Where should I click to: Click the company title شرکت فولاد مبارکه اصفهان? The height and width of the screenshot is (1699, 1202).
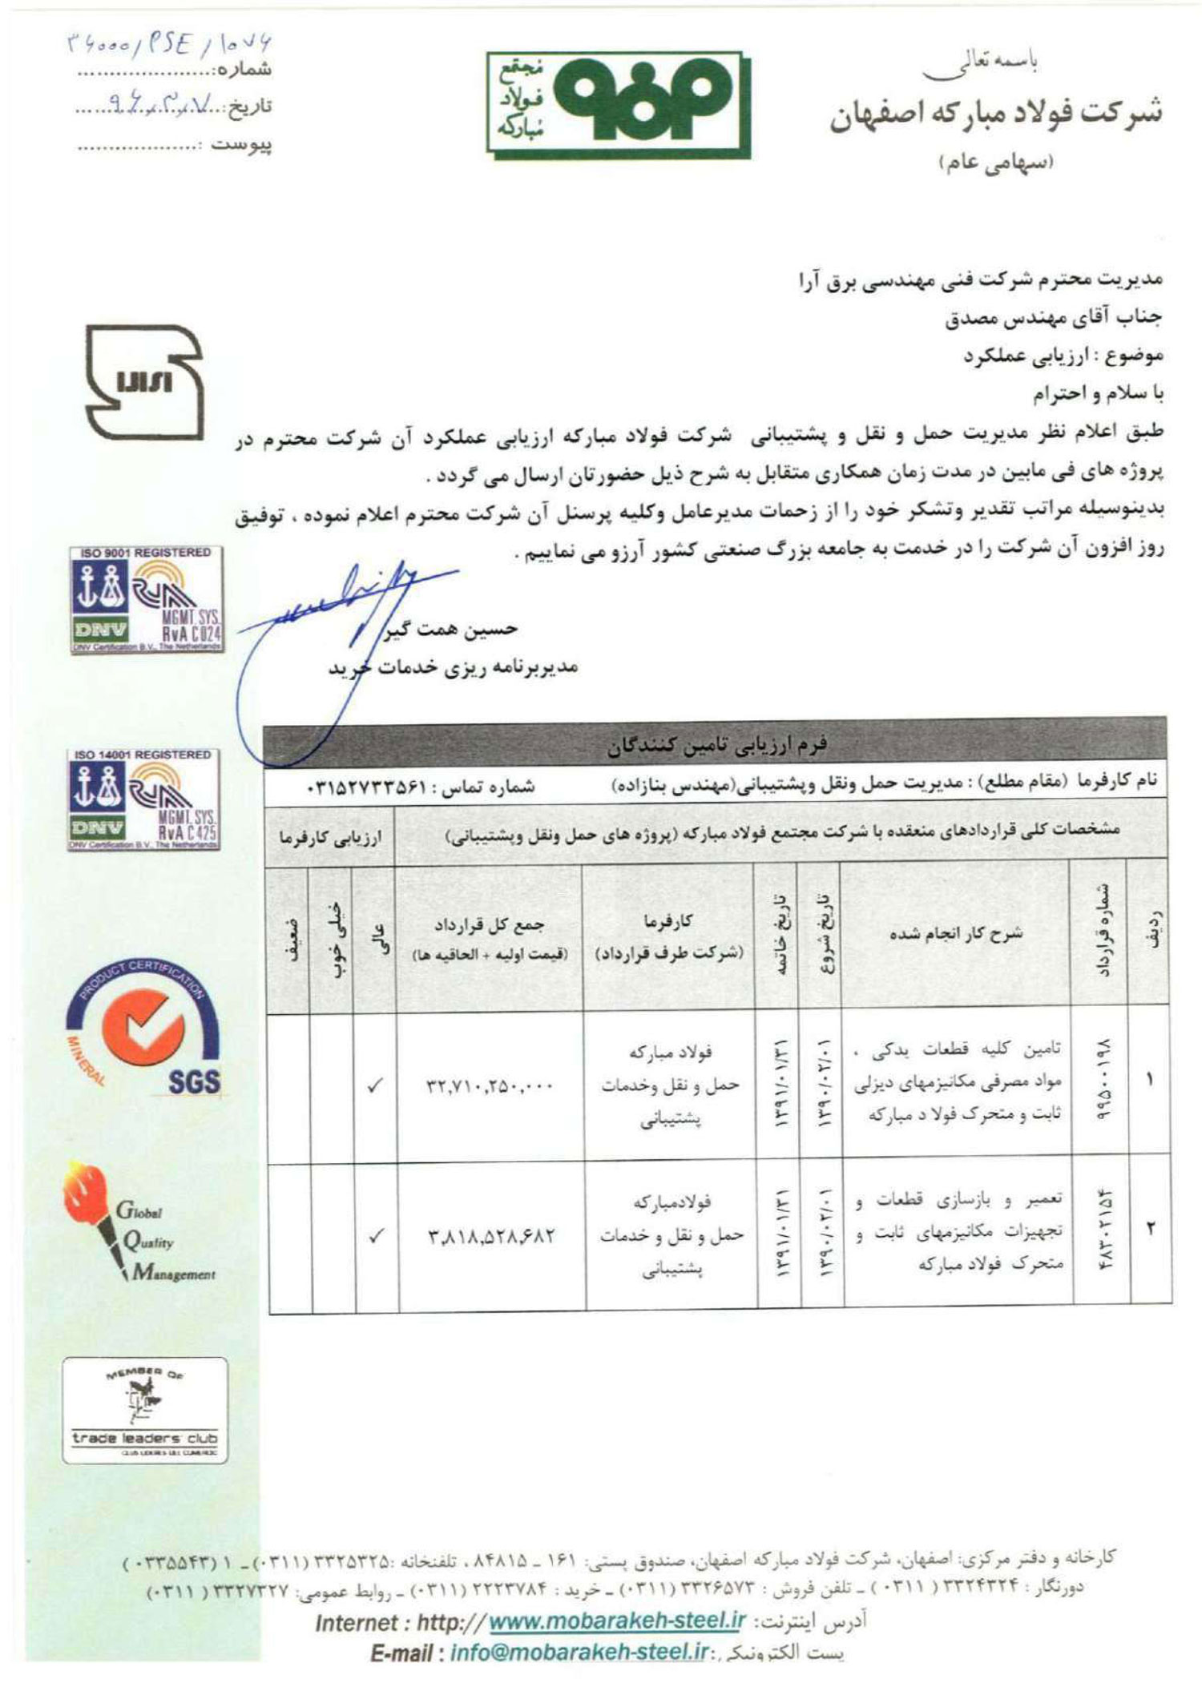click(996, 113)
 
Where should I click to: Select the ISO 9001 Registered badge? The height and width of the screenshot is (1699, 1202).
click(145, 600)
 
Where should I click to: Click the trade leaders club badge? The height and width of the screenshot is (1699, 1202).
click(145, 1410)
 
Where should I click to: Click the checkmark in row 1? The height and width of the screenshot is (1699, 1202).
click(374, 1086)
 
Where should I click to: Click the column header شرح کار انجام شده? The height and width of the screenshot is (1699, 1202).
click(955, 933)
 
